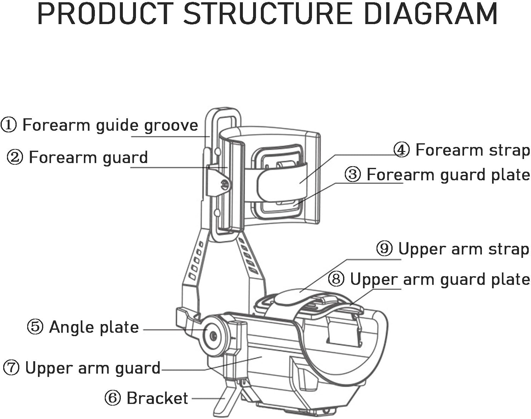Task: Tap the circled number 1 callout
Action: [8, 125]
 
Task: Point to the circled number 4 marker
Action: [401, 149]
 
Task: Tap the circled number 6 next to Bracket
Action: [113, 398]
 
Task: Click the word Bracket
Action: [157, 398]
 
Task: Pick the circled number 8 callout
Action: [336, 279]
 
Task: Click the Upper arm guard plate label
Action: [440, 279]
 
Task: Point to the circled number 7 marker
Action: [11, 368]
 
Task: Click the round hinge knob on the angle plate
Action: [213, 335]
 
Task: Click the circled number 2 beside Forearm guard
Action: [15, 157]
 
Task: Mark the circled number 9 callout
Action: [384, 249]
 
